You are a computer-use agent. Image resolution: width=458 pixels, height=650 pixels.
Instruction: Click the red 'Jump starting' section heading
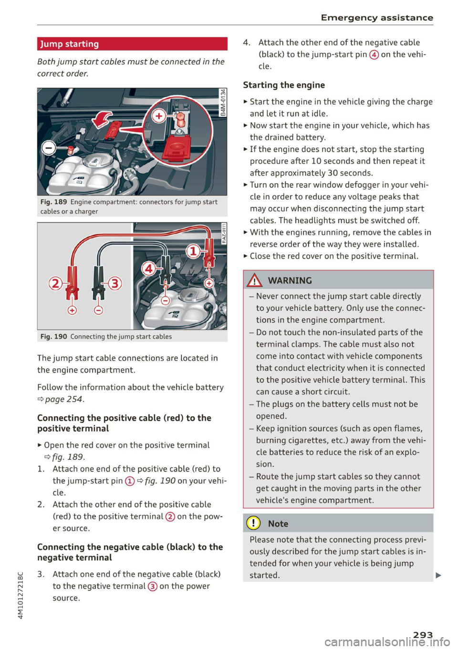(70, 44)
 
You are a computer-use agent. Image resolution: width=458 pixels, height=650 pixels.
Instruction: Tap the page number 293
(423, 635)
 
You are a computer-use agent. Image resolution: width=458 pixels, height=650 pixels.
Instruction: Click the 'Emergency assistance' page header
(377, 18)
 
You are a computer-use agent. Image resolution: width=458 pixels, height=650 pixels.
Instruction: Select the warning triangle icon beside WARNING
(255, 280)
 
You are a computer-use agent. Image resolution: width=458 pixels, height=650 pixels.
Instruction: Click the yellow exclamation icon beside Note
(253, 523)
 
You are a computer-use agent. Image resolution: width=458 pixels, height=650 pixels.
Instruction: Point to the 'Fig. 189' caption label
(53, 202)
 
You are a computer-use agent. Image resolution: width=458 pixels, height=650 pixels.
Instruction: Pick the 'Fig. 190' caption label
(53, 337)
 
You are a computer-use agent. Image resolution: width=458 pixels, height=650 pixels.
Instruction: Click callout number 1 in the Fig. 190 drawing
(193, 251)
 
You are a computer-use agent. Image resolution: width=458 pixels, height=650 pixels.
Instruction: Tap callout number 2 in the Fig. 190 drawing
(55, 284)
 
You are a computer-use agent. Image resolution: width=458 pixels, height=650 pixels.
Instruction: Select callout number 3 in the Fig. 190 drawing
(115, 284)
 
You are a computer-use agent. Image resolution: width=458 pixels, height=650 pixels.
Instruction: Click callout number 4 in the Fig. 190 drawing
(149, 268)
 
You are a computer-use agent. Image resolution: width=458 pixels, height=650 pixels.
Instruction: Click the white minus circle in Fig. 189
(48, 148)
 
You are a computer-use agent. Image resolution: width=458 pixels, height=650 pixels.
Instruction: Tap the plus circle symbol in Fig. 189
(159, 116)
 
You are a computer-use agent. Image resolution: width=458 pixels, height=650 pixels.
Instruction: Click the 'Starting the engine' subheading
(284, 85)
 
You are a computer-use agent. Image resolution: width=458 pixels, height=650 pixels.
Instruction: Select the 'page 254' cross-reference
(64, 399)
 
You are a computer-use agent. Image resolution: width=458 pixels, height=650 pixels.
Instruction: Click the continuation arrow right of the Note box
(438, 575)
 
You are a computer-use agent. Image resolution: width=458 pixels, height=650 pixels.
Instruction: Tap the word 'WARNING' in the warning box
(290, 280)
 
